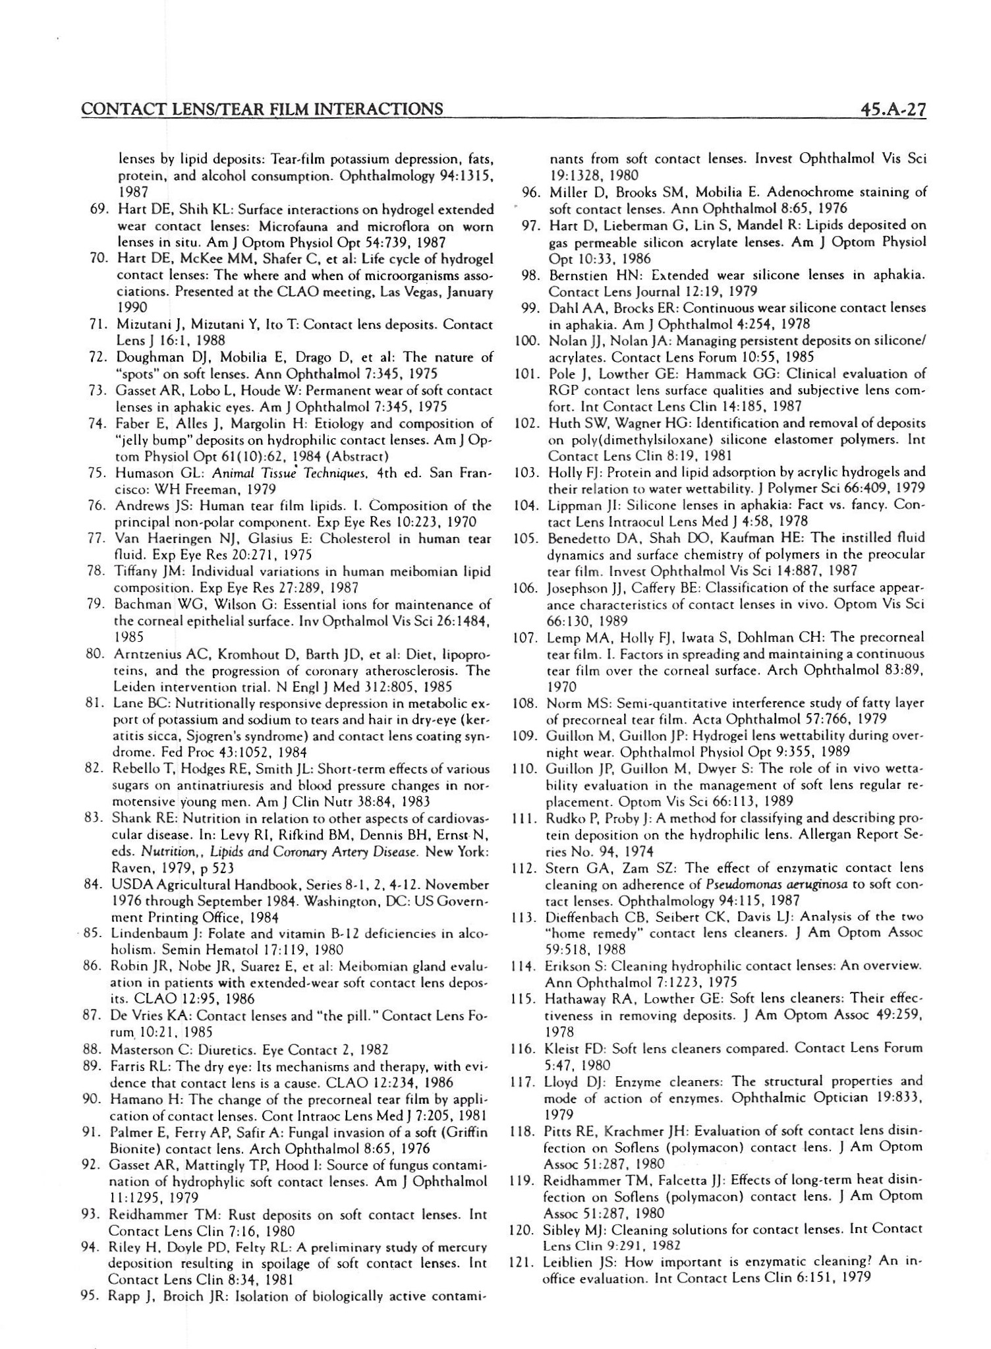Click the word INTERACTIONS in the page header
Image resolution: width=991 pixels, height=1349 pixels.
pos(382,108)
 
